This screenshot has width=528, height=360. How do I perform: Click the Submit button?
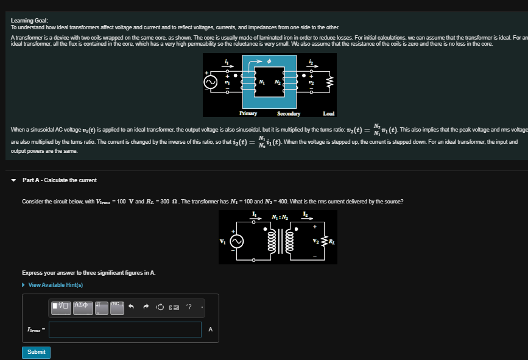pyautogui.click(x=36, y=352)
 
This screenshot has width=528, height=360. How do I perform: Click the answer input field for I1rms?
pyautogui.click(x=125, y=330)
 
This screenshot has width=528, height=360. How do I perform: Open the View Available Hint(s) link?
pyautogui.click(x=55, y=285)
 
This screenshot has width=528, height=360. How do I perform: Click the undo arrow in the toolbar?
pyautogui.click(x=131, y=307)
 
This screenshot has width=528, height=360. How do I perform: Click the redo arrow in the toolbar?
pyautogui.click(x=146, y=307)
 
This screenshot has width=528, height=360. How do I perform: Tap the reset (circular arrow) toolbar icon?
pyautogui.click(x=160, y=307)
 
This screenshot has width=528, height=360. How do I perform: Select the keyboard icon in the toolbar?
pyautogui.click(x=174, y=307)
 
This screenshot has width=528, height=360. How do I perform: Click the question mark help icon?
pyautogui.click(x=189, y=307)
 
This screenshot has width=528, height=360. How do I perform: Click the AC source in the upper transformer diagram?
pyautogui.click(x=210, y=82)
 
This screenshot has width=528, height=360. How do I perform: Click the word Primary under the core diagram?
pyautogui.click(x=248, y=113)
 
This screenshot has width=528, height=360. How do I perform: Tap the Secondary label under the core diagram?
pyautogui.click(x=289, y=113)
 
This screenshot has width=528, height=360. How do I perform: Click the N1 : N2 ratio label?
pyautogui.click(x=280, y=218)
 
